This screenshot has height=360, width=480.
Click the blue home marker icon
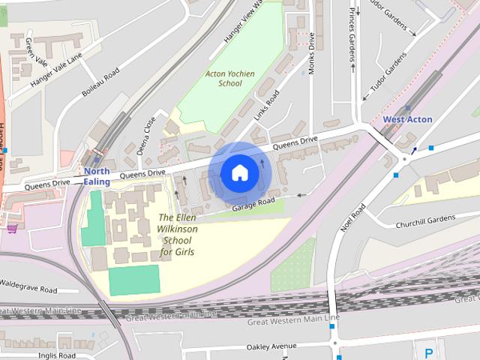239,173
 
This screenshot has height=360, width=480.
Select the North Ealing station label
97,176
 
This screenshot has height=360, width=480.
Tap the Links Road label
265,105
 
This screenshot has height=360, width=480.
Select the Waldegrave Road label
28,289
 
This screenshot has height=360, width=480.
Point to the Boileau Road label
100,84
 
